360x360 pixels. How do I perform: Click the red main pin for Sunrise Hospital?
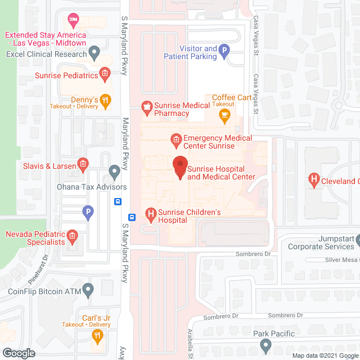180,166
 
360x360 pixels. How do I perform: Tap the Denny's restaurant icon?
105,100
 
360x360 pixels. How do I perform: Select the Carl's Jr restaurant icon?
97,336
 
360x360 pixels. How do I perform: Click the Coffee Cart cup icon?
224,116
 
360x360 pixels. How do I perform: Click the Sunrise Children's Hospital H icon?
150,213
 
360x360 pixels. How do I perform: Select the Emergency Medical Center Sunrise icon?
175,138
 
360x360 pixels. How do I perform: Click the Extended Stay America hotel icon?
72,21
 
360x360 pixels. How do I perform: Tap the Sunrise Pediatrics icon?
104,74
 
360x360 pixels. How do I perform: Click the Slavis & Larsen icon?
82,165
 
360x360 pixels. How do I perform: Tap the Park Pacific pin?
265,344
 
